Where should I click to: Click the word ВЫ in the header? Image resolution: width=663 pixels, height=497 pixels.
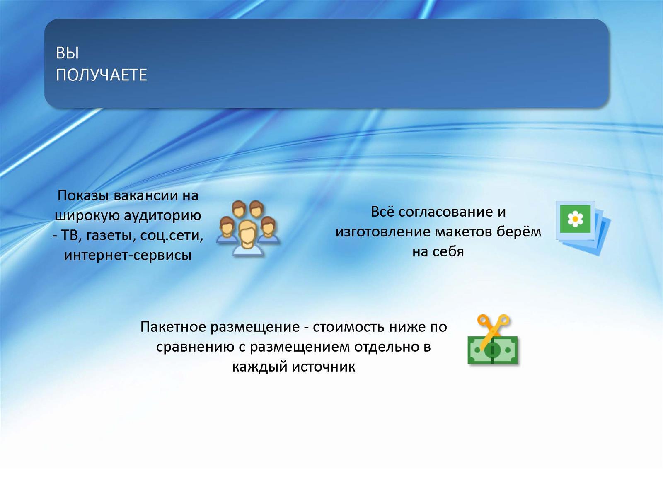68,53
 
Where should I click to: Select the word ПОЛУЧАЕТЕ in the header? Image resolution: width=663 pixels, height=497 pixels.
102,75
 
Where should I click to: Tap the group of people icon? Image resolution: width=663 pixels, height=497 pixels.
248,229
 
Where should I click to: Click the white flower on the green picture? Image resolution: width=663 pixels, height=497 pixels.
575,219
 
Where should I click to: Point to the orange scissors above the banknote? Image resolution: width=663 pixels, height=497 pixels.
493,331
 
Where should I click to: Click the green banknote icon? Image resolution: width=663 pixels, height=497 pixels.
493,350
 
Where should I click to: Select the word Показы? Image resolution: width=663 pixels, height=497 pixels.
83,196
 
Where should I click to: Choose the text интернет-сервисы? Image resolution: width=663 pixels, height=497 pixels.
128,255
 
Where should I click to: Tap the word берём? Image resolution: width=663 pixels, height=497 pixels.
519,232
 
